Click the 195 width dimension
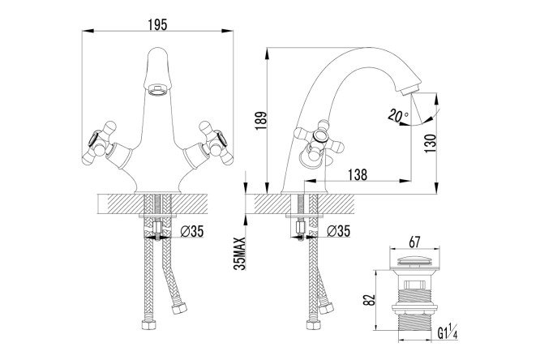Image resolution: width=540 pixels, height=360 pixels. [x=157, y=25]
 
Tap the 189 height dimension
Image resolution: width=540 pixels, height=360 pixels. [x=261, y=120]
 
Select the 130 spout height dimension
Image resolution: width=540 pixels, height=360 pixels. [x=431, y=144]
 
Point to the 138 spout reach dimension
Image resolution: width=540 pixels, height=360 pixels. [x=358, y=174]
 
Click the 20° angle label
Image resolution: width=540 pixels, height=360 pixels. [x=398, y=114]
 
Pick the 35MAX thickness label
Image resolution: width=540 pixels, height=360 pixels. [x=240, y=254]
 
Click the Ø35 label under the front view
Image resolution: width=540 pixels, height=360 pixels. [x=192, y=231]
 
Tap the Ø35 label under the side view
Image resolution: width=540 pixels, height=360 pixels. [x=338, y=231]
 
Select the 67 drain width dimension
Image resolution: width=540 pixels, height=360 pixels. [x=414, y=242]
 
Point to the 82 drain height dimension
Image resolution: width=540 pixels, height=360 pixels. [x=369, y=299]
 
